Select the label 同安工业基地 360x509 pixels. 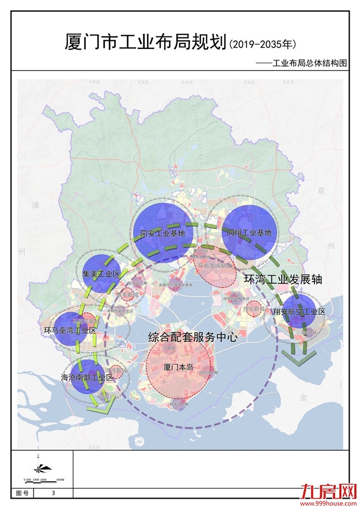[163, 233]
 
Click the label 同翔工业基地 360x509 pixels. [249, 233]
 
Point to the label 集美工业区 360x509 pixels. [101, 274]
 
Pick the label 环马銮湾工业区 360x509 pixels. [70, 330]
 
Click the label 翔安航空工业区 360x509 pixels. [300, 311]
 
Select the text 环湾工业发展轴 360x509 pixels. [283, 279]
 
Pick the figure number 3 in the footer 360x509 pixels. [54, 493]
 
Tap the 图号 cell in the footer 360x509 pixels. [22, 493]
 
